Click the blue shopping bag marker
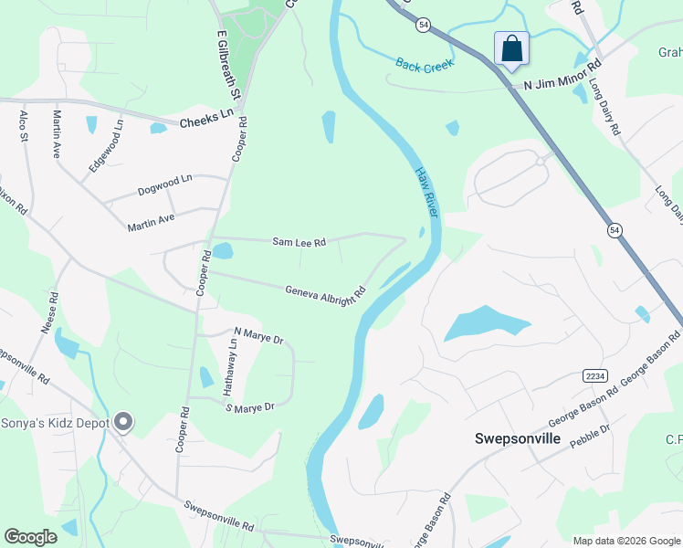click(x=511, y=49)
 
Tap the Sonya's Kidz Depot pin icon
click(x=124, y=422)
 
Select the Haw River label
click(x=427, y=191)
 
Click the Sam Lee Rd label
click(x=299, y=242)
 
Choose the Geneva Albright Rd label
click(x=325, y=294)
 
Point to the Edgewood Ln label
click(x=105, y=143)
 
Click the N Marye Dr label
click(x=259, y=337)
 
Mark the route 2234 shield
click(x=594, y=375)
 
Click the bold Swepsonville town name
click(x=517, y=438)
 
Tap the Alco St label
click(x=24, y=126)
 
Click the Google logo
click(x=30, y=537)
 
